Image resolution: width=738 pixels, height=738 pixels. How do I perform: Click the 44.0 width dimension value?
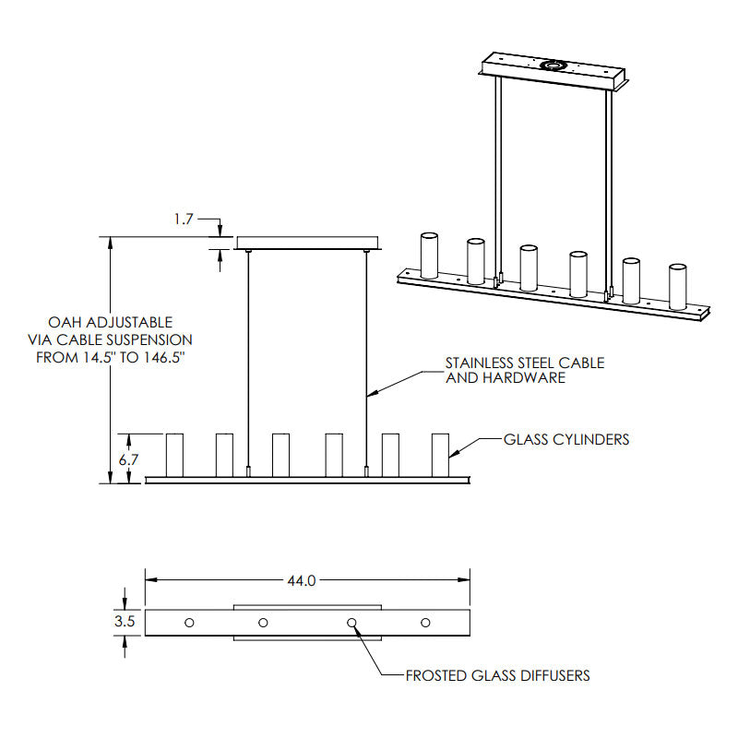pos(302,581)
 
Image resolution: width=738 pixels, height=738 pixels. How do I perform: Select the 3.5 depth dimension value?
pos(125,621)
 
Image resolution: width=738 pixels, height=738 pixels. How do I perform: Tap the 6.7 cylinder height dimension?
pos(128,459)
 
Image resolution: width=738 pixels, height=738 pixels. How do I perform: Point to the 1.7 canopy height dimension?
pos(184,219)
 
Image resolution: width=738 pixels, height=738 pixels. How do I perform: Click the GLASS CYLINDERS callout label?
pos(566,440)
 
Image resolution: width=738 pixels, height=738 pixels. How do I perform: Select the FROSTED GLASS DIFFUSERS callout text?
pos(497,676)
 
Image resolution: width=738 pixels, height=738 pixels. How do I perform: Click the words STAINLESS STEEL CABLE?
pos(525,363)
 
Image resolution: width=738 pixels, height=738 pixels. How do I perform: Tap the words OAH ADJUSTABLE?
pos(111,322)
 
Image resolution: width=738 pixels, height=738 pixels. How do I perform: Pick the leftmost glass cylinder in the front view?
pos(174,455)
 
